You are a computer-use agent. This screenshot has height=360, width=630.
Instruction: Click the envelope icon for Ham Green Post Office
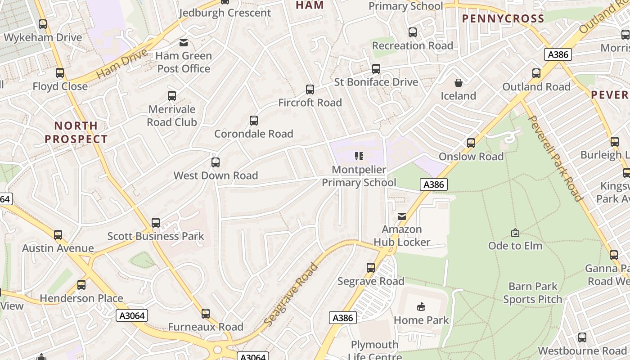click(x=184, y=43)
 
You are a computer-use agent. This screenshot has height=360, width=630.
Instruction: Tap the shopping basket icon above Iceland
click(x=458, y=83)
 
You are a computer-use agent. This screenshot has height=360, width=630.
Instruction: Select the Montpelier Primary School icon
click(x=359, y=156)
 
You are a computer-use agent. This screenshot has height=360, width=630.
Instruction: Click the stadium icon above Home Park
click(x=421, y=307)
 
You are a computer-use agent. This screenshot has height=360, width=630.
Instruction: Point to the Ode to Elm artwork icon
click(x=515, y=233)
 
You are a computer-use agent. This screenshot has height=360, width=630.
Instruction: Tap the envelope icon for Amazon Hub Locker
click(x=402, y=216)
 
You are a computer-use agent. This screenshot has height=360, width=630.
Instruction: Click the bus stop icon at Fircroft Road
click(x=310, y=89)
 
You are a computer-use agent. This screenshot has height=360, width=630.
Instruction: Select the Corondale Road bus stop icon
click(x=254, y=120)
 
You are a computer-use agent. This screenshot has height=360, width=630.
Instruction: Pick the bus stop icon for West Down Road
click(x=216, y=162)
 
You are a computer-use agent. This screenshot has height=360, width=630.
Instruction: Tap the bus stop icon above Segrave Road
click(x=371, y=268)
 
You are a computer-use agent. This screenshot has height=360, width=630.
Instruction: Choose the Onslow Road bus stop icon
click(x=471, y=143)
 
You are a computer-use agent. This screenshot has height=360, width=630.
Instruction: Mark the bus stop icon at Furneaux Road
click(x=206, y=313)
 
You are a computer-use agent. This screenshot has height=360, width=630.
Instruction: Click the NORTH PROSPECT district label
click(x=76, y=132)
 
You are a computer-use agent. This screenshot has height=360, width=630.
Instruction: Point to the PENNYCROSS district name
click(x=503, y=18)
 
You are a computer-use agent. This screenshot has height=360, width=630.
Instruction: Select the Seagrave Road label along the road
click(x=291, y=295)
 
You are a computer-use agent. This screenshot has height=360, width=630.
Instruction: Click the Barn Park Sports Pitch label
click(x=533, y=293)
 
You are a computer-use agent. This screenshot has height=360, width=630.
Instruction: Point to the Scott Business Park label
click(x=156, y=236)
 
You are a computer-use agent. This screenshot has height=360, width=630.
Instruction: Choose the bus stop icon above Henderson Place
click(x=81, y=285)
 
